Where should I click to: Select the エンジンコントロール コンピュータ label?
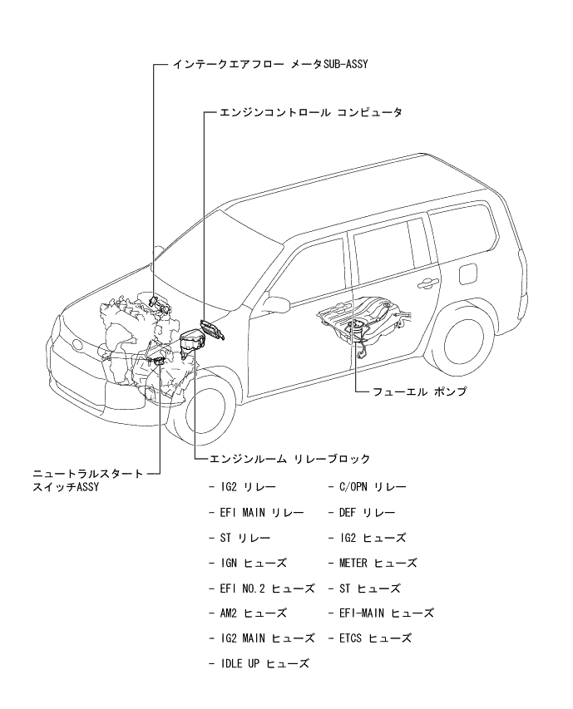[310, 112]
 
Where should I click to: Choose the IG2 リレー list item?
[249, 485]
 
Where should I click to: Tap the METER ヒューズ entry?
[378, 563]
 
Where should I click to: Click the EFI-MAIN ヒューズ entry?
[388, 613]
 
